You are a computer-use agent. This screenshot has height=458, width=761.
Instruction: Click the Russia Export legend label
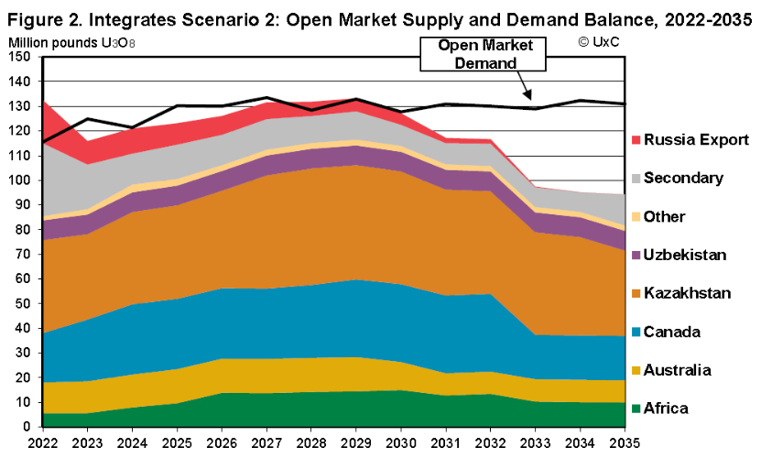pyautogui.click(x=696, y=140)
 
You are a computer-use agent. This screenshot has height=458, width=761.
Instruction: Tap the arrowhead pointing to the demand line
pyautogui.click(x=529, y=96)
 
